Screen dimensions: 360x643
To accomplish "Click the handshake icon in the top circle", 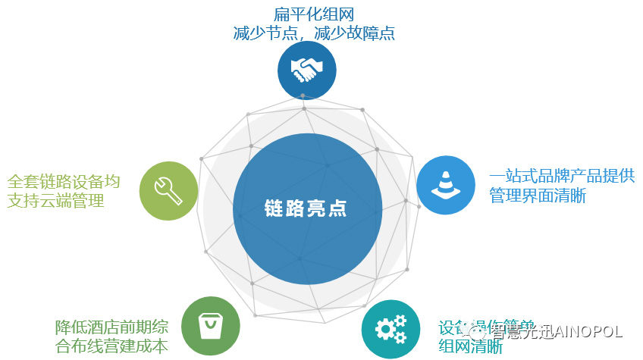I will [307, 70].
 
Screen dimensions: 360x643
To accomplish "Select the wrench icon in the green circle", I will [168, 190].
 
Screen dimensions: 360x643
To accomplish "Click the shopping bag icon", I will [211, 327].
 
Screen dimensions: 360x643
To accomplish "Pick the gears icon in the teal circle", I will [391, 328].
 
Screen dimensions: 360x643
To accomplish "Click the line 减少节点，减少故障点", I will [313, 33].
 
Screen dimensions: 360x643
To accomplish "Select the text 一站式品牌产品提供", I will [562, 177].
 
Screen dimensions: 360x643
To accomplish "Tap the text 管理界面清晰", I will [538, 196].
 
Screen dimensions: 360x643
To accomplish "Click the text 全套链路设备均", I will [64, 182].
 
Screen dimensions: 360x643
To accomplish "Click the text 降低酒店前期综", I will [112, 327].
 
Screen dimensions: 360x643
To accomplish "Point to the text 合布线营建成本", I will [112, 346].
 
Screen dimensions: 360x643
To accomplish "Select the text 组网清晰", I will [470, 347].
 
